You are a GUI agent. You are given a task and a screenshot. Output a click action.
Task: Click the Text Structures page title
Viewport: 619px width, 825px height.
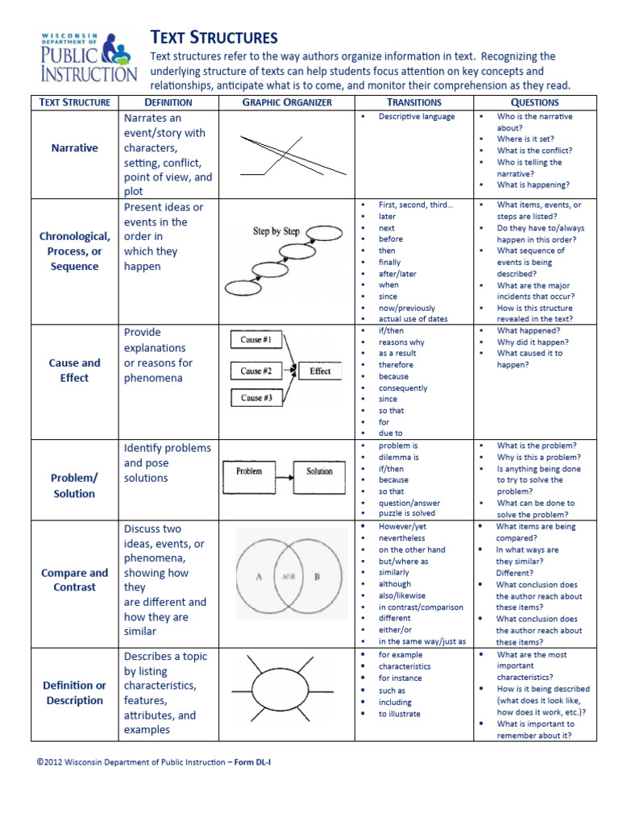[x=214, y=37]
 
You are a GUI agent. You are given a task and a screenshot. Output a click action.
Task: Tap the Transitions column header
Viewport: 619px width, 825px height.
[x=414, y=102]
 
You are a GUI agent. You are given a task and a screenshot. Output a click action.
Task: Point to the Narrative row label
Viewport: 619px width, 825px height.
[x=74, y=148]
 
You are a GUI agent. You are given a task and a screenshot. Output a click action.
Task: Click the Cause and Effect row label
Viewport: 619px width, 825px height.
[x=74, y=370]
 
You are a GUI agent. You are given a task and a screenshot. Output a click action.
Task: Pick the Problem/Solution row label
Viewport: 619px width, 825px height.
[x=74, y=485]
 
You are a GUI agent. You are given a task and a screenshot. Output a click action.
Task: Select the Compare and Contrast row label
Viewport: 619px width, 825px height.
[x=74, y=580]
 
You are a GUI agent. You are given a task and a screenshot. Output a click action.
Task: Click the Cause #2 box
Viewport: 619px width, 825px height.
[x=255, y=371]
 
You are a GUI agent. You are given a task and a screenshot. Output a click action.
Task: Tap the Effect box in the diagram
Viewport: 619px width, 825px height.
[x=320, y=371]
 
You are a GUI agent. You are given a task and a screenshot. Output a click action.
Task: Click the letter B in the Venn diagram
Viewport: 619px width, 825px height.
[x=317, y=577]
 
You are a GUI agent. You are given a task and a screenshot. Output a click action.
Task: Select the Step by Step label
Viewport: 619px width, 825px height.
[x=276, y=231]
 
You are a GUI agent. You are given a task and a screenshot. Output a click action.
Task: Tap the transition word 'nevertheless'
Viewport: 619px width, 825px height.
[x=402, y=538]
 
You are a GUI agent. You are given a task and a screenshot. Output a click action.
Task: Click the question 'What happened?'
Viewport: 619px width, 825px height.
[x=528, y=330]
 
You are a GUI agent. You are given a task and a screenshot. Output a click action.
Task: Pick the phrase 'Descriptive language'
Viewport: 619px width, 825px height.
[x=417, y=117]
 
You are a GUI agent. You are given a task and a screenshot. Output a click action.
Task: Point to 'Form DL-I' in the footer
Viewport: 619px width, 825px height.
[x=259, y=761]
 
